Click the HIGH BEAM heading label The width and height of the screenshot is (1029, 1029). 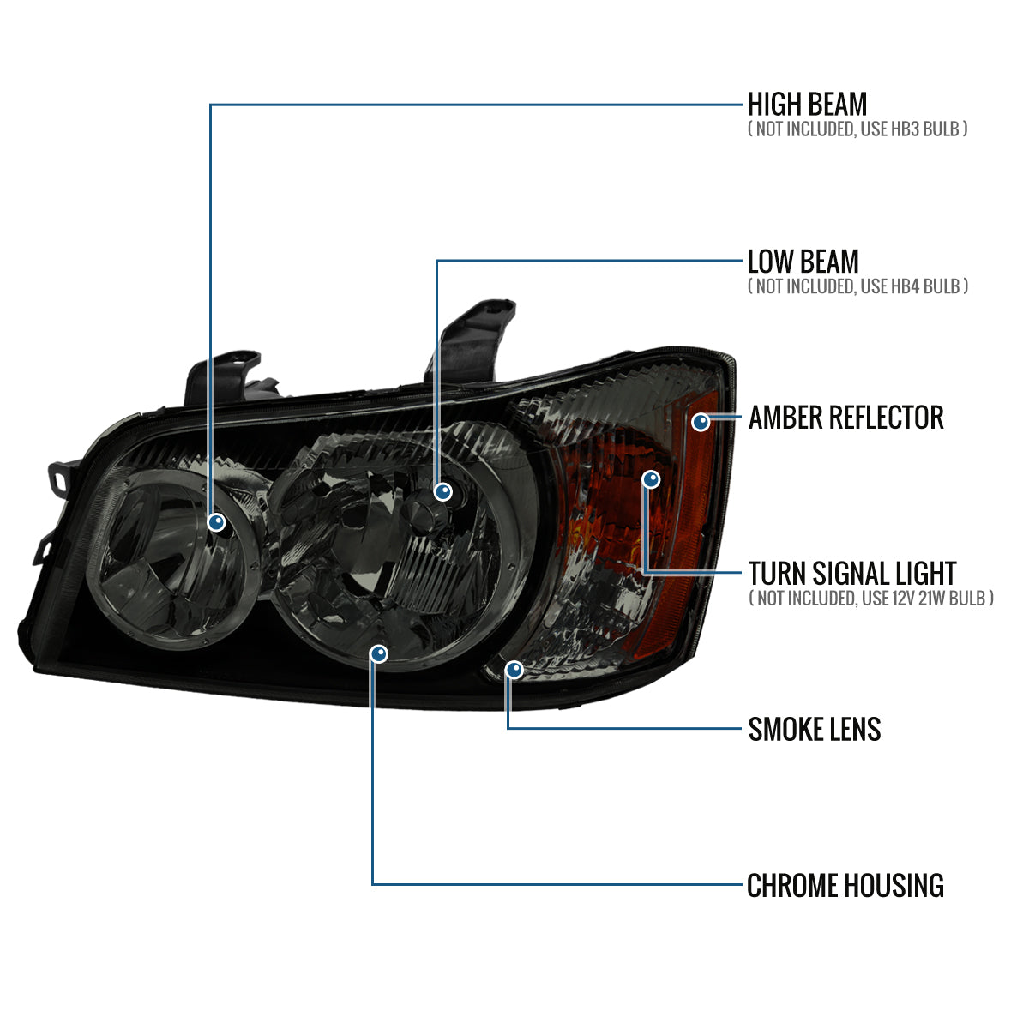[x=807, y=105]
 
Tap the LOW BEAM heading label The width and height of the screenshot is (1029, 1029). [x=803, y=262]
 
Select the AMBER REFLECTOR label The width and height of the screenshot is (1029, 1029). [x=845, y=418]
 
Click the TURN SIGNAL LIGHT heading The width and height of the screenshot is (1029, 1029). [x=851, y=573]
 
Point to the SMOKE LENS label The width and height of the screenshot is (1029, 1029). [x=814, y=730]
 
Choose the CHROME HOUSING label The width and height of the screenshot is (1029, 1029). [x=845, y=886]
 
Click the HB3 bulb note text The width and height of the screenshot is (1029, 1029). [x=857, y=129]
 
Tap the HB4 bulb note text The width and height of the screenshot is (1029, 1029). [x=857, y=286]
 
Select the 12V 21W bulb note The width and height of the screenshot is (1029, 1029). [x=870, y=598]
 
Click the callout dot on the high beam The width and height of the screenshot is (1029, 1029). [x=217, y=521]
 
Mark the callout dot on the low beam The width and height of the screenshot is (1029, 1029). [x=442, y=491]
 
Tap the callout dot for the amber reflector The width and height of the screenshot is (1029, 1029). [x=701, y=422]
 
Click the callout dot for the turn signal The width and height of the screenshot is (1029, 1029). [x=651, y=479]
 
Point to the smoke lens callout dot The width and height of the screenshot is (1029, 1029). [x=514, y=669]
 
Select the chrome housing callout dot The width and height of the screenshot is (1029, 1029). [x=379, y=654]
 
